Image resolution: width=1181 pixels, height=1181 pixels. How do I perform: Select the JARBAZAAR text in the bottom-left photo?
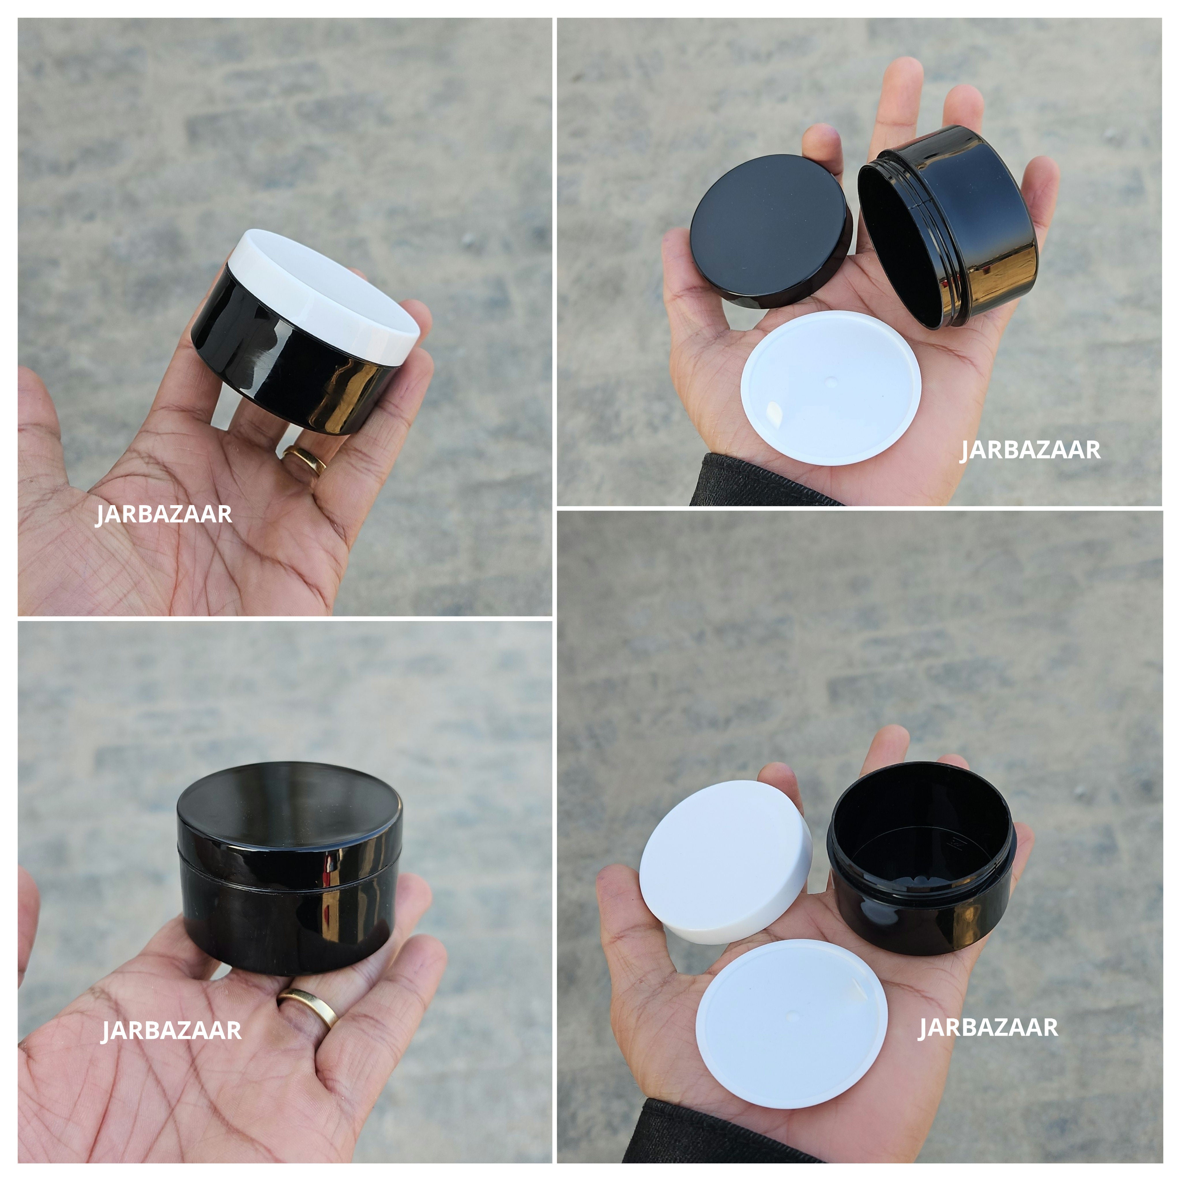(171, 1030)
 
